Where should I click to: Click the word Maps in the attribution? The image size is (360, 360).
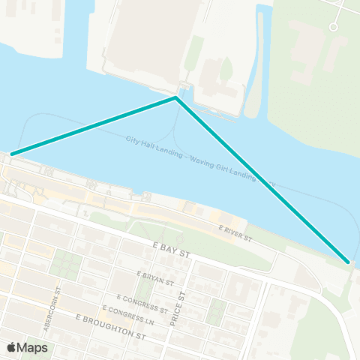coord(34,347)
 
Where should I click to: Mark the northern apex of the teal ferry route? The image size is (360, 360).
coord(175,97)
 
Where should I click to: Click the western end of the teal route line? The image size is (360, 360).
coord(11,154)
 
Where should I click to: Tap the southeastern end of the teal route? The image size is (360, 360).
coord(348,261)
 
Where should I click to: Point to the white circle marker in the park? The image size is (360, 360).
coord(333,27)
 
